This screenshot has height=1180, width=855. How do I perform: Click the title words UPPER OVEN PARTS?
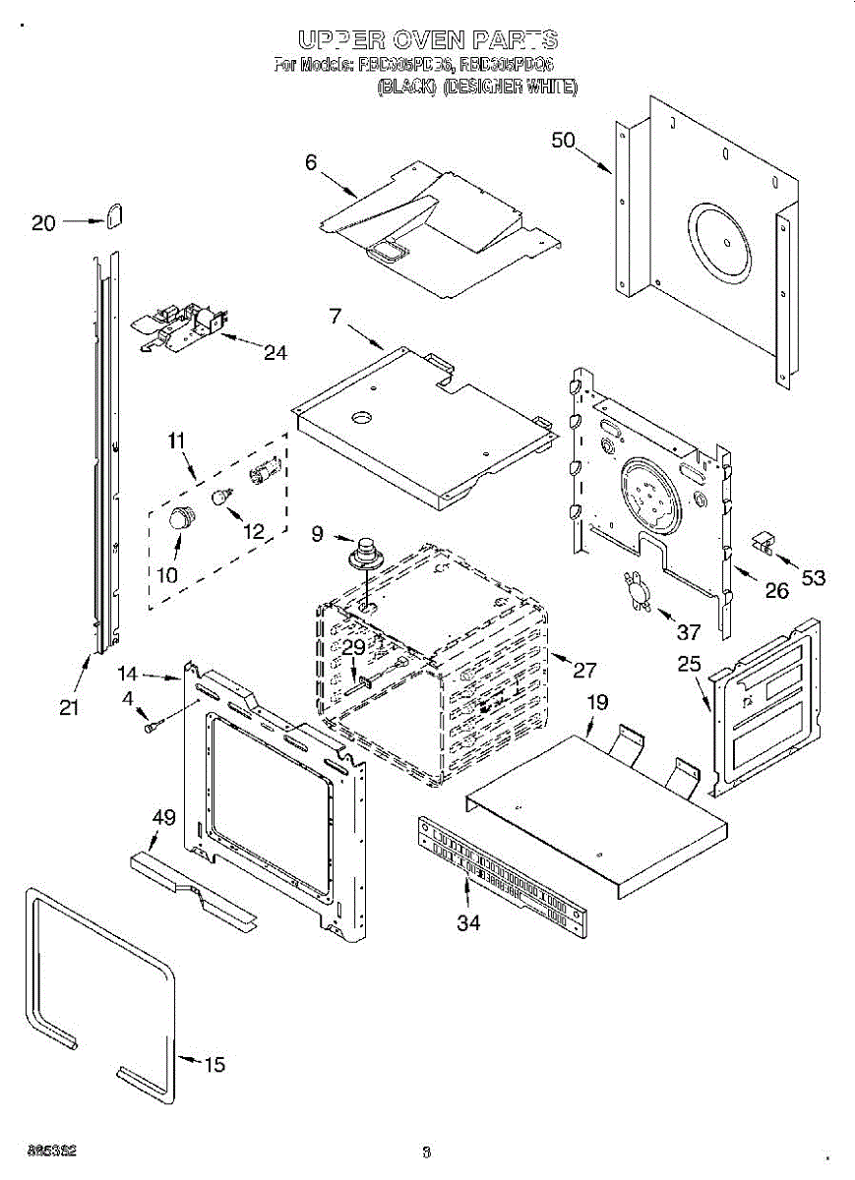tap(428, 40)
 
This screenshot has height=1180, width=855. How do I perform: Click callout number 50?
tap(563, 140)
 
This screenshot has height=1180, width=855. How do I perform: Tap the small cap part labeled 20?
tap(114, 214)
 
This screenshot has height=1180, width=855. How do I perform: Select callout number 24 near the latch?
tap(275, 351)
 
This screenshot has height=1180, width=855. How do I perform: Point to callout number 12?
tap(254, 532)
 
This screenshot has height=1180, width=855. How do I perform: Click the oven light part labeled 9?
tap(369, 553)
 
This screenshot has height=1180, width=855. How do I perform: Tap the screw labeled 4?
tap(151, 728)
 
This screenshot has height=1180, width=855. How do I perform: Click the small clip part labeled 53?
tap(763, 541)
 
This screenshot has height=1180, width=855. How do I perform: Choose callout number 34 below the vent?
tap(469, 922)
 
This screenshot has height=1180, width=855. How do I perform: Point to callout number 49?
tap(163, 817)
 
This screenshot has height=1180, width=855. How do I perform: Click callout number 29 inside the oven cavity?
tap(352, 647)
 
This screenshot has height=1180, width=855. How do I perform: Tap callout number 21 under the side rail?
tap(69, 706)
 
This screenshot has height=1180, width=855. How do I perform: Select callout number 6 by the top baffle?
tap(311, 163)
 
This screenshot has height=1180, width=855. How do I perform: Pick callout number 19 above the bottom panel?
tap(597, 702)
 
